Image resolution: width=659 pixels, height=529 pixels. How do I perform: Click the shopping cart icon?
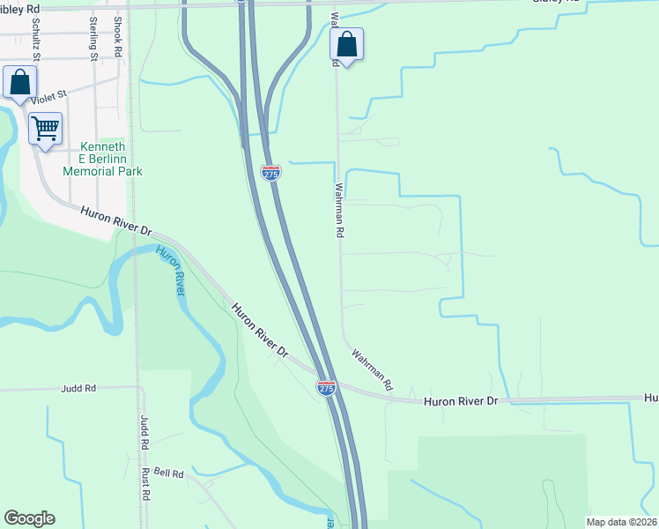coord(46,128)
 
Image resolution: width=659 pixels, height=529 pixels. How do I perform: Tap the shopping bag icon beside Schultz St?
coord(19,83)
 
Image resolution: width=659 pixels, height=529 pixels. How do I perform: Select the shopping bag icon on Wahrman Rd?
coord(347,45)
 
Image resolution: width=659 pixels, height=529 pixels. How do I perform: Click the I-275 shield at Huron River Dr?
coord(326,387)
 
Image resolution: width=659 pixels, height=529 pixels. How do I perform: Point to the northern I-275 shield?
coord(271,173)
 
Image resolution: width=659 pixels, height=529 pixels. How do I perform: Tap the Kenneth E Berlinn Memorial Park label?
coord(102,159)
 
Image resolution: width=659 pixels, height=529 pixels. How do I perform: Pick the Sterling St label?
coord(93,39)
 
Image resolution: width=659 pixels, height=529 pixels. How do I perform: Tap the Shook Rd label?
coord(118,36)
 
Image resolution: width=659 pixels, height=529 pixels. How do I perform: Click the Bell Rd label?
coord(167,473)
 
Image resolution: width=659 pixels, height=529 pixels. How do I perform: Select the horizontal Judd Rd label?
coord(78,388)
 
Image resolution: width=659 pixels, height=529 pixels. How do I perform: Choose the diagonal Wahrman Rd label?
coord(373,369)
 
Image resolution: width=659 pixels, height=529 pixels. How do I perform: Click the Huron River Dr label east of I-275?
coord(461,401)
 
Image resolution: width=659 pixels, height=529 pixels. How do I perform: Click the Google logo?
coord(29,518)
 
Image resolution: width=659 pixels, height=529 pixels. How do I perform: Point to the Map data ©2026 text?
coord(621,522)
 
